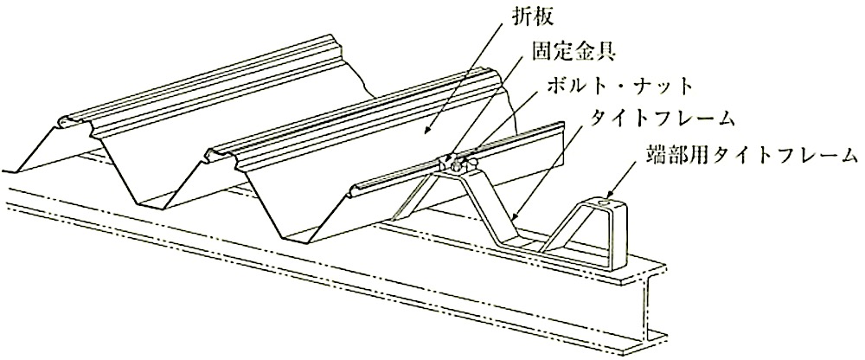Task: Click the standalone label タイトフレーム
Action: click(662, 119)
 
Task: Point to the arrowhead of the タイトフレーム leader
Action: click(514, 217)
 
